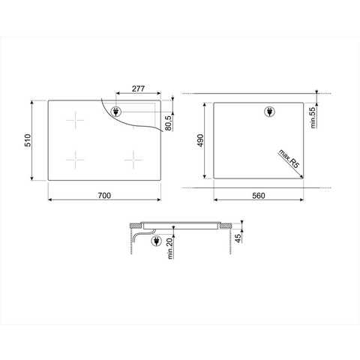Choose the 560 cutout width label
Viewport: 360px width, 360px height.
coord(259,196)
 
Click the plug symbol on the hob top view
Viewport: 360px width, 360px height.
coord(117,112)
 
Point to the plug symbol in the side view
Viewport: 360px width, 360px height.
coord(156,242)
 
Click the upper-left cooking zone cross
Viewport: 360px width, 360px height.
coord(76,121)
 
